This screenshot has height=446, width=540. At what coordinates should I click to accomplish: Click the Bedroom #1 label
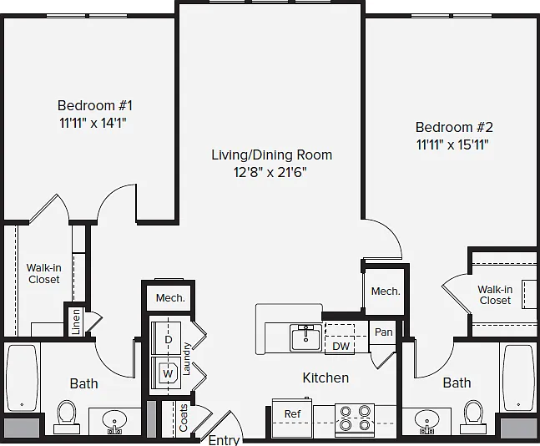[94, 105]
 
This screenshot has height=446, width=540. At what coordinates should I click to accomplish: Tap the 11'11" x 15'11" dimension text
[452, 144]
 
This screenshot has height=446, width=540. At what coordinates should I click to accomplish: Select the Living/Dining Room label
[272, 155]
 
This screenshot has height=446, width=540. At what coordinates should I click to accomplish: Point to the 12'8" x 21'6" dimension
[270, 172]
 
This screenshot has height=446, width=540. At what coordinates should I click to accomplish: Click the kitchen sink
[305, 337]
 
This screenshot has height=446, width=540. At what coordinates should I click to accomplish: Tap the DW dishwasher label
[341, 346]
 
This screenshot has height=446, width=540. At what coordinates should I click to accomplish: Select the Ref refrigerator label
[292, 413]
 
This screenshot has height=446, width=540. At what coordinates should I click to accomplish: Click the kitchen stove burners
[355, 418]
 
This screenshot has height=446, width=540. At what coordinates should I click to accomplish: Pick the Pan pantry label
[383, 332]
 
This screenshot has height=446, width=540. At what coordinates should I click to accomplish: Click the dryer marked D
[166, 337]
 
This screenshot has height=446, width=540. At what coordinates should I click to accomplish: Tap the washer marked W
[166, 373]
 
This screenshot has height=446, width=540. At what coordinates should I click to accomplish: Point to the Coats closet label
[184, 418]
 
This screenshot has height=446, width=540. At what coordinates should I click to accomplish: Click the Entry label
[225, 440]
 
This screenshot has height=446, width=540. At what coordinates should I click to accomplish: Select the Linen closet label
[76, 322]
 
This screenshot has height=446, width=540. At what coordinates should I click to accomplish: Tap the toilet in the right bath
[474, 417]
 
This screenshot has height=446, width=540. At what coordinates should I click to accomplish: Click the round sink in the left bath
[114, 421]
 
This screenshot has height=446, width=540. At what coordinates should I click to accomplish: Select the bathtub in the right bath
[518, 378]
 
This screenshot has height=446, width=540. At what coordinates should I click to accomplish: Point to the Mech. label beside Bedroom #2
[386, 291]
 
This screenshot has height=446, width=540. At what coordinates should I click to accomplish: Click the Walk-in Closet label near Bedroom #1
[43, 273]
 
